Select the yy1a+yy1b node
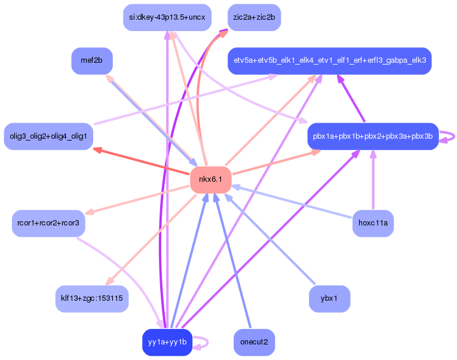point(167,342)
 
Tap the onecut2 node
point(254,342)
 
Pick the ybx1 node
point(329,298)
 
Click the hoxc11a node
point(373,223)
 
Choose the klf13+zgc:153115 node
point(92,298)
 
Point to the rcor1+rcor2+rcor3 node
point(48,223)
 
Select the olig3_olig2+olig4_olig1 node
point(48,136)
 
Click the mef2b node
point(92,60)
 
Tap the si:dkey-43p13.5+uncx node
point(167,17)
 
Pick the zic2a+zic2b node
point(254,17)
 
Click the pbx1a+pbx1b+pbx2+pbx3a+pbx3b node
point(373,136)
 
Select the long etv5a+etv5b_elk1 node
point(329,60)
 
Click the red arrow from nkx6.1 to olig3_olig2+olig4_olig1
point(143,162)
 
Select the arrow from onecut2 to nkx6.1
point(232,263)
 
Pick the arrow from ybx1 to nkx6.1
point(269,239)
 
